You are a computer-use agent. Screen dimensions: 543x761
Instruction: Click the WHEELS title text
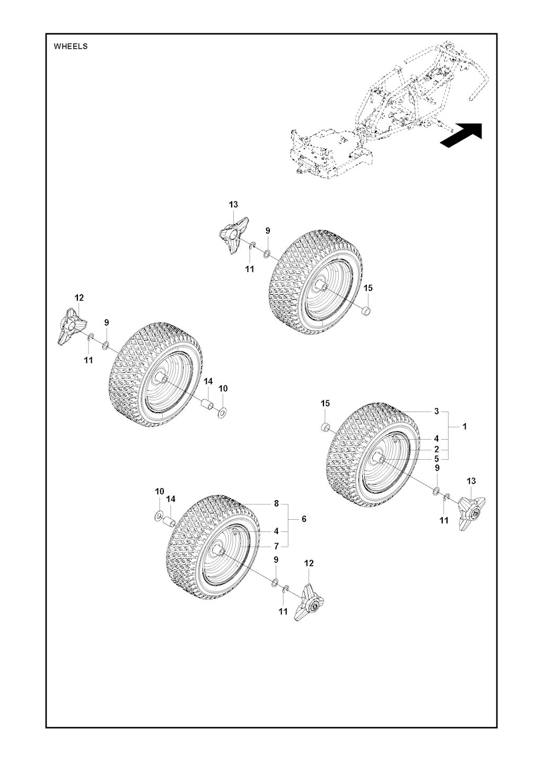pyautogui.click(x=71, y=47)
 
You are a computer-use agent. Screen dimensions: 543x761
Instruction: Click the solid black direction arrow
pyautogui.click(x=461, y=136)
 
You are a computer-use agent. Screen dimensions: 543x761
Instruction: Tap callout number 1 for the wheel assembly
pyautogui.click(x=465, y=426)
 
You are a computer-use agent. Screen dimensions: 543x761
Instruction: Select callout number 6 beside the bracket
pyautogui.click(x=304, y=519)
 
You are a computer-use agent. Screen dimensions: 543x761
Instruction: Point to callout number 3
pyautogui.click(x=436, y=412)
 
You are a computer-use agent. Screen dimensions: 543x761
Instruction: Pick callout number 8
pyautogui.click(x=276, y=503)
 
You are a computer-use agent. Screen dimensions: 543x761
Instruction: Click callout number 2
pyautogui.click(x=436, y=449)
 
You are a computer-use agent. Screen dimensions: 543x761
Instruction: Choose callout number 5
pyautogui.click(x=436, y=459)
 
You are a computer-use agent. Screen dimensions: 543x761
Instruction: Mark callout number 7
pyautogui.click(x=276, y=546)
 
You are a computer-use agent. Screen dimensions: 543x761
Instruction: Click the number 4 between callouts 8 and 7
pyautogui.click(x=276, y=531)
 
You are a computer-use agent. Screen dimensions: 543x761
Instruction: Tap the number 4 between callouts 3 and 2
pyautogui.click(x=436, y=439)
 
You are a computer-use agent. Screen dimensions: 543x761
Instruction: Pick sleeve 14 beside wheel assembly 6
pyautogui.click(x=169, y=521)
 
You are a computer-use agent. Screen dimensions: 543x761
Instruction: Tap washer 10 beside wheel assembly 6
pyautogui.click(x=158, y=517)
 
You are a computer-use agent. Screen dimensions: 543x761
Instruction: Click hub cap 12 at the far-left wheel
pyautogui.click(x=72, y=326)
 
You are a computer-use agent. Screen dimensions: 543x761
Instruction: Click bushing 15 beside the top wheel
pyautogui.click(x=366, y=311)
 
